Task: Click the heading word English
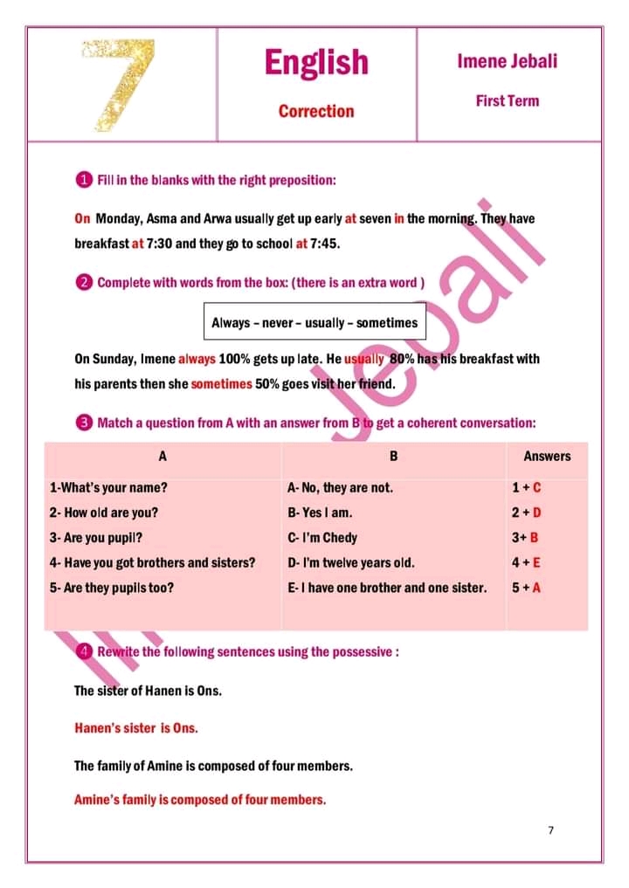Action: pos(316,62)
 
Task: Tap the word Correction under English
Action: pos(316,111)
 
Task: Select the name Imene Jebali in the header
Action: pos(507,61)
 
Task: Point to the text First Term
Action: pos(507,100)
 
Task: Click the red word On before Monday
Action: pos(82,218)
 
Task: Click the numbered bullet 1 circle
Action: pos(83,180)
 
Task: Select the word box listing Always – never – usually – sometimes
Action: pos(314,322)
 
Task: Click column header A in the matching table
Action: pos(162,456)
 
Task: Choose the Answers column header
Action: pos(547,456)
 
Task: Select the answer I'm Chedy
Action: pos(322,538)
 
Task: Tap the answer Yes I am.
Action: pos(320,513)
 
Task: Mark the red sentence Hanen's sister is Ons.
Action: pos(136,727)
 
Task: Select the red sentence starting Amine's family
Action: pos(200,799)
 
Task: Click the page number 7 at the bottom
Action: pos(550,830)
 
